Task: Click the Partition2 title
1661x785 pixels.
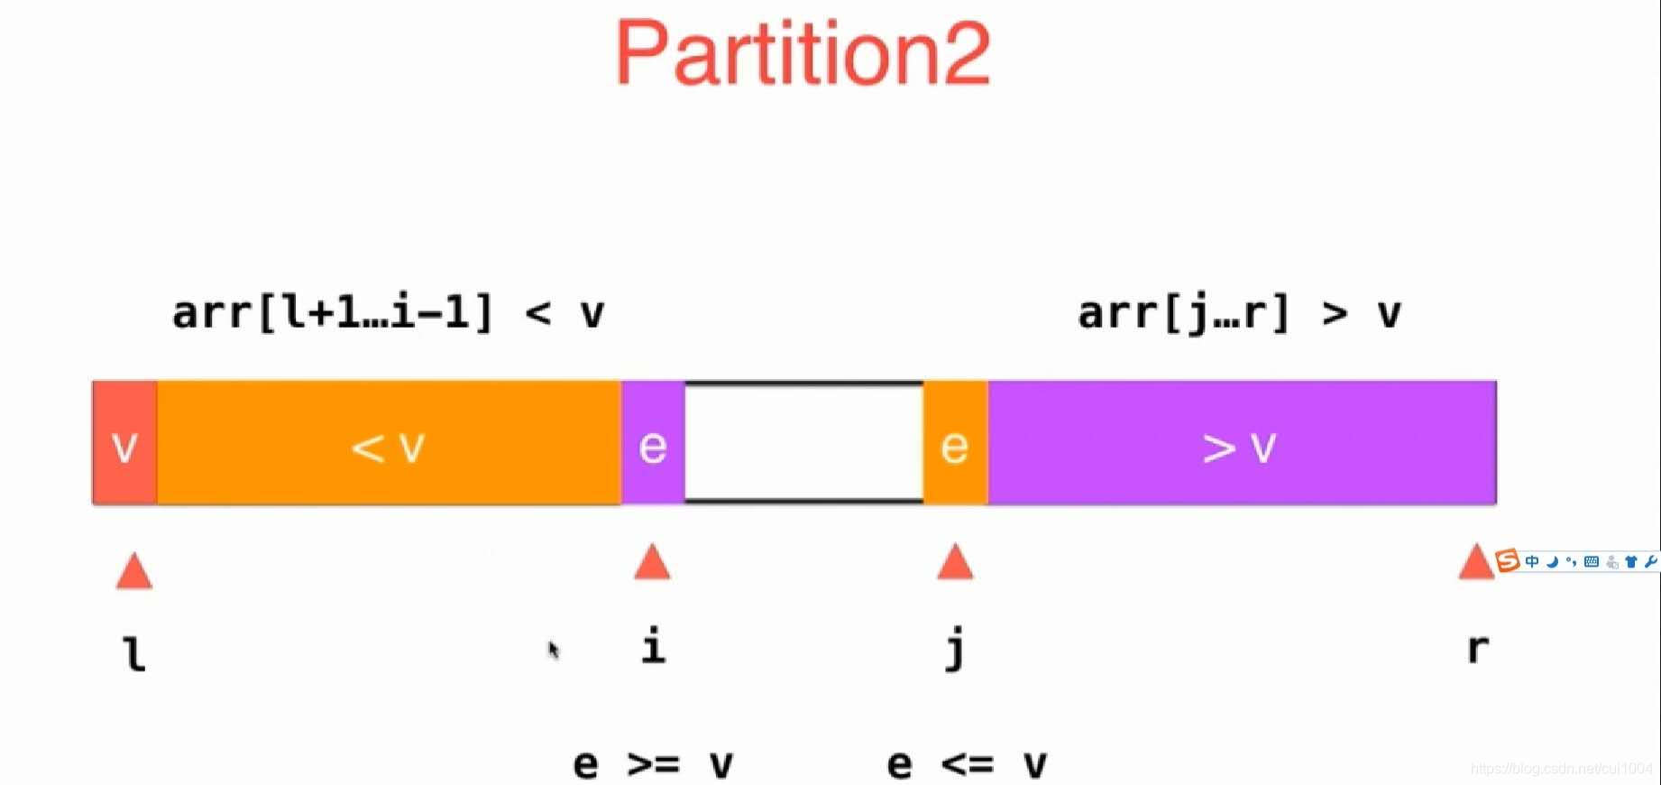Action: click(803, 54)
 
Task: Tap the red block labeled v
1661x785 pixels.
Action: click(124, 443)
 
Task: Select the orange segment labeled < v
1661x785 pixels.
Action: click(389, 443)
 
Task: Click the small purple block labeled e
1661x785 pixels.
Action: click(653, 443)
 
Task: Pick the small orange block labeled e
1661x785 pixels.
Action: click(955, 443)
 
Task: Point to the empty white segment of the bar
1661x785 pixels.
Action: click(803, 443)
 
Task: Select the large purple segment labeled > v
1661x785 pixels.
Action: click(1242, 443)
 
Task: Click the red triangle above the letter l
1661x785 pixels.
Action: click(134, 571)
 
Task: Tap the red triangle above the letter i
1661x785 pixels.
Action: click(652, 561)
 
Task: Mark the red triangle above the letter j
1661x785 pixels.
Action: click(955, 561)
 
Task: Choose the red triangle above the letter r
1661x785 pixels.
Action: click(1475, 561)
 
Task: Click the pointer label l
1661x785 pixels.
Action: click(134, 652)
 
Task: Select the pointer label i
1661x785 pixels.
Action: click(654, 646)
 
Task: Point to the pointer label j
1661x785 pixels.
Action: click(956, 648)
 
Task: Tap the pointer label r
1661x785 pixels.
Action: click(1477, 648)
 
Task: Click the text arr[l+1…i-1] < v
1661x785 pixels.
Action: click(388, 313)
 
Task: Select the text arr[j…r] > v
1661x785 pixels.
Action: click(1239, 313)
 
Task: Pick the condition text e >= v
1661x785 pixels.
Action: click(653, 764)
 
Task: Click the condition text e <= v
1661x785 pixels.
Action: click(967, 764)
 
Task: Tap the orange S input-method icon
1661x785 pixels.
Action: click(1507, 560)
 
